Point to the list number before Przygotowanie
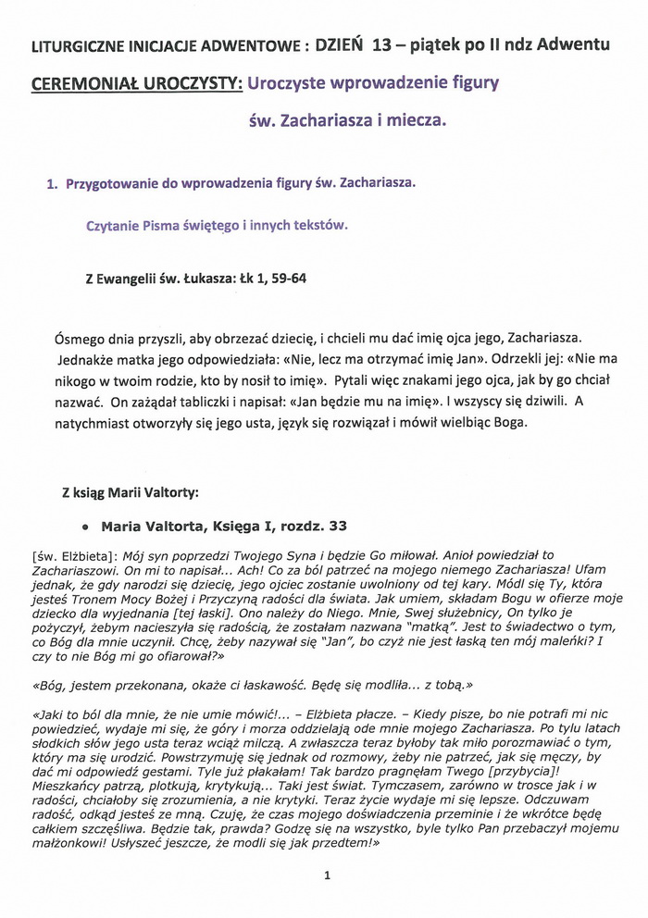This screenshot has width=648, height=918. (51, 183)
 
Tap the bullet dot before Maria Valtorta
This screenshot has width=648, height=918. (85, 527)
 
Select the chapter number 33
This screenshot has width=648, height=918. (338, 526)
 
